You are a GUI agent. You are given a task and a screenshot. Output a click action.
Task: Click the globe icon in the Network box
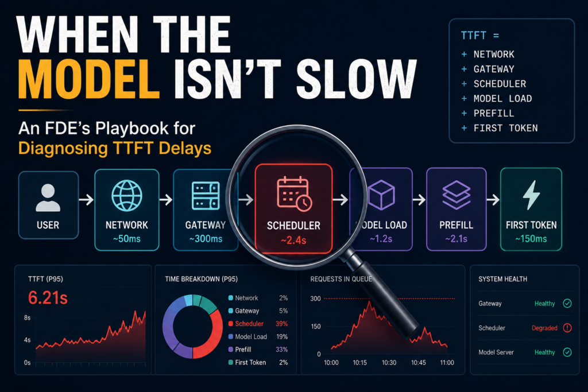[x=127, y=196]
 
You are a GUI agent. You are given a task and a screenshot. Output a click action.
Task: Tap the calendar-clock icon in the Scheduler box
[x=295, y=193]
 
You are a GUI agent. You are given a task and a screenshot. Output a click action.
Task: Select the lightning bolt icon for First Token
[x=531, y=195]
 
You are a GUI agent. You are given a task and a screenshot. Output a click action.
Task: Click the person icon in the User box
[x=48, y=197]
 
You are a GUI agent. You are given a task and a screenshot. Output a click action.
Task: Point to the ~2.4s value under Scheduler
[x=293, y=240]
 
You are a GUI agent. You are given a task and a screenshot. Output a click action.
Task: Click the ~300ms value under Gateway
[x=206, y=239]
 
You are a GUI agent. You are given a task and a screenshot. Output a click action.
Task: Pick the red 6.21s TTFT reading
[x=48, y=298]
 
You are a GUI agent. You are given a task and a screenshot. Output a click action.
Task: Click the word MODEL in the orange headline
[x=89, y=79]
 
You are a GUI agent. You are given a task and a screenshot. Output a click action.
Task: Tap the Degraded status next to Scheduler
[x=544, y=328]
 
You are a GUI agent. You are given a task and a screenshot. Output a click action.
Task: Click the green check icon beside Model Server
[x=567, y=352]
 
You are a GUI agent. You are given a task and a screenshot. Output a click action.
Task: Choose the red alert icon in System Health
[x=567, y=328]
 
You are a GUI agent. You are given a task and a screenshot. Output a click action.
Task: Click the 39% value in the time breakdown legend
[x=281, y=324]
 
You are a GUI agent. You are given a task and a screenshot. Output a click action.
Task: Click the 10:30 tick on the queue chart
[x=389, y=363]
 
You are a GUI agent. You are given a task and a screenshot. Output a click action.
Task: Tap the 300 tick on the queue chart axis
[x=315, y=298]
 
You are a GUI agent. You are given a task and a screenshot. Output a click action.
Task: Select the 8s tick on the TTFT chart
[x=27, y=318]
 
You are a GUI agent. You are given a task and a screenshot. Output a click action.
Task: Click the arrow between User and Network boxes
[x=86, y=200]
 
